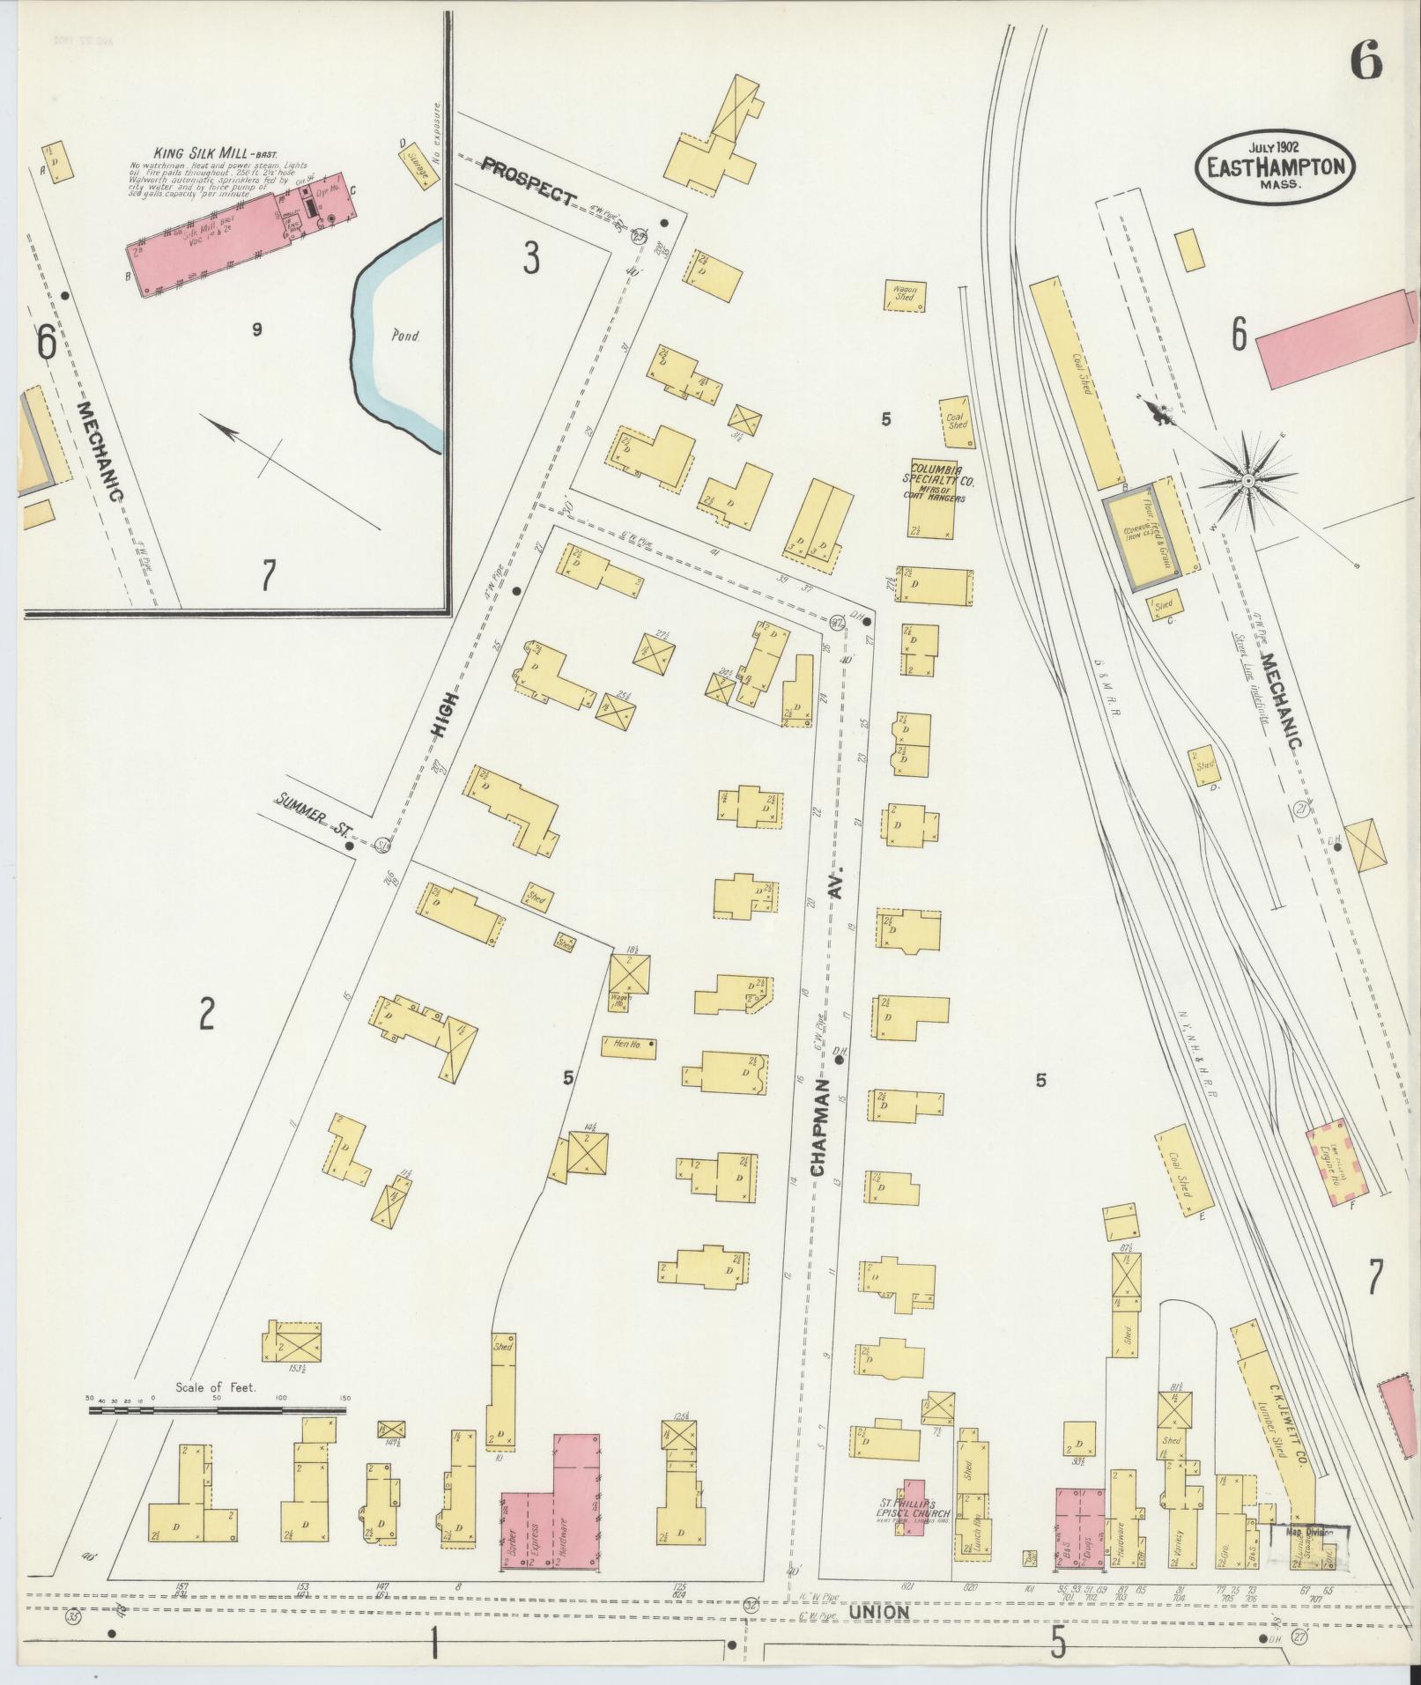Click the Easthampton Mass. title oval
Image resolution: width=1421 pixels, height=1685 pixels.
(1275, 166)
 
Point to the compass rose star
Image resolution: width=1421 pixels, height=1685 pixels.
(1248, 481)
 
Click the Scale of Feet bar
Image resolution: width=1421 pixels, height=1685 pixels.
(217, 1410)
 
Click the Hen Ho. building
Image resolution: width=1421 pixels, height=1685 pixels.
(628, 1046)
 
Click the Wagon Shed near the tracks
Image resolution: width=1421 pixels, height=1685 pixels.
(906, 295)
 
